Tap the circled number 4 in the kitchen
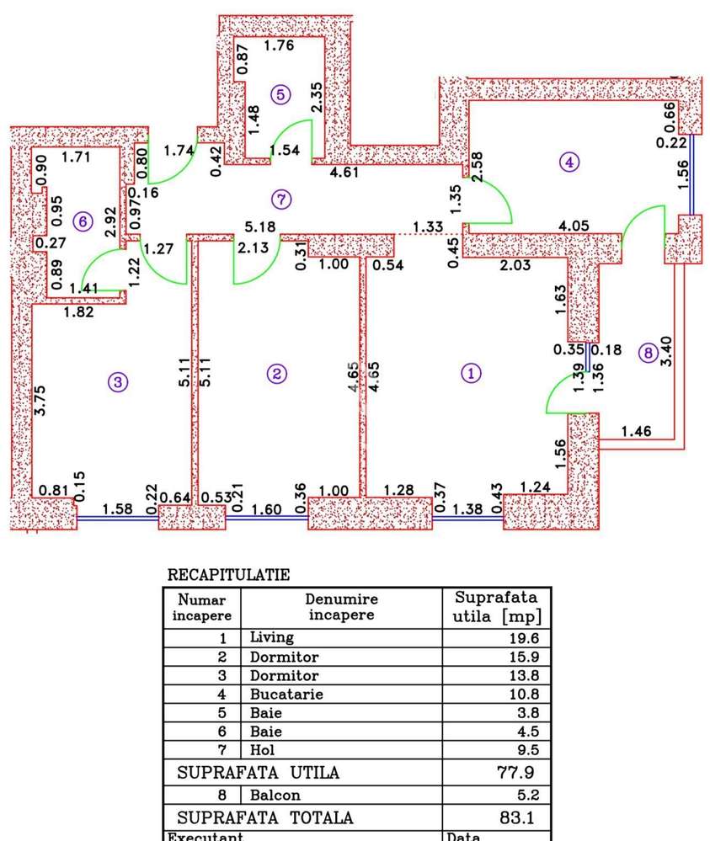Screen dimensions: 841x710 pyautogui.click(x=571, y=162)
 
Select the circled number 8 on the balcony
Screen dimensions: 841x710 pyautogui.click(x=647, y=354)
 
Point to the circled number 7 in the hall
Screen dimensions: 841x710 pyautogui.click(x=282, y=200)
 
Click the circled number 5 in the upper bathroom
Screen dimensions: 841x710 pyautogui.click(x=281, y=94)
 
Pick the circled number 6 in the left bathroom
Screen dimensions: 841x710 pyautogui.click(x=81, y=221)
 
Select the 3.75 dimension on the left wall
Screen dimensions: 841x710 pyautogui.click(x=40, y=401)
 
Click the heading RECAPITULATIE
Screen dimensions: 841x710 pyautogui.click(x=229, y=575)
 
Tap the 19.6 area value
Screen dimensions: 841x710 pyautogui.click(x=523, y=639)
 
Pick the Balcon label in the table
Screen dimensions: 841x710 pyautogui.click(x=275, y=794)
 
